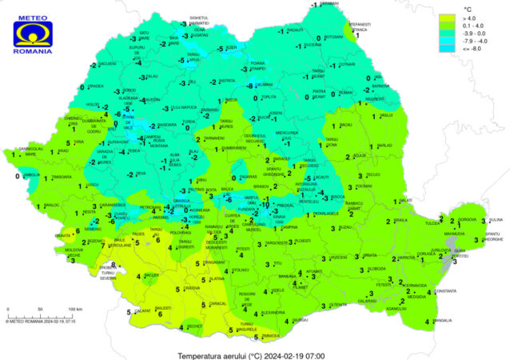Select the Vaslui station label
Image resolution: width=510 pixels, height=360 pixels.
coord(387,116)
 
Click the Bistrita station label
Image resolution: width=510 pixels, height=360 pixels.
coord(228,81)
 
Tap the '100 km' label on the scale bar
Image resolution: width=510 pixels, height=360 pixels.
coord(75,308)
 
